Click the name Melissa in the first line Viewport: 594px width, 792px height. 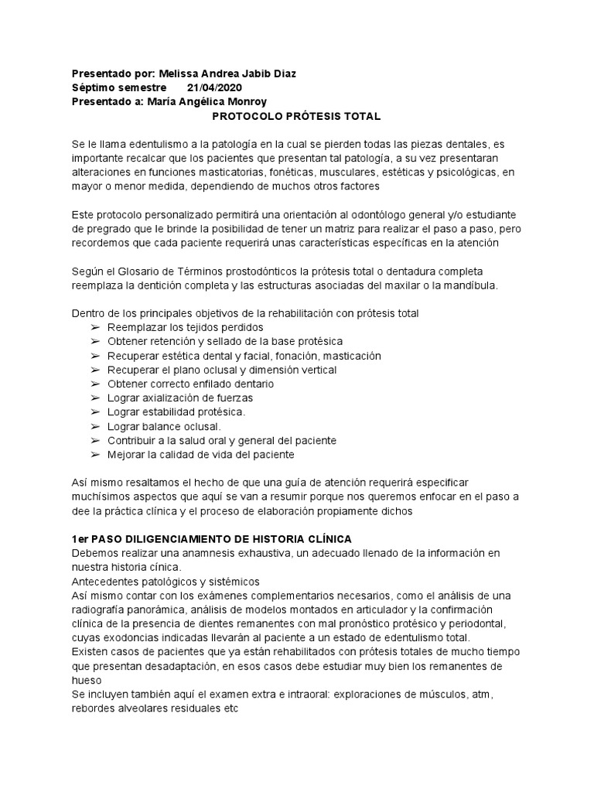[179, 73]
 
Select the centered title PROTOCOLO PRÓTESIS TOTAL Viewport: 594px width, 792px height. [297, 116]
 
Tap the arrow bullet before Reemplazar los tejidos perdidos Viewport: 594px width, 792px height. [95, 328]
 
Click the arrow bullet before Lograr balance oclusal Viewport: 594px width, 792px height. [95, 426]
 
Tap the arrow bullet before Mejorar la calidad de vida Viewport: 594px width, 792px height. [95, 454]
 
